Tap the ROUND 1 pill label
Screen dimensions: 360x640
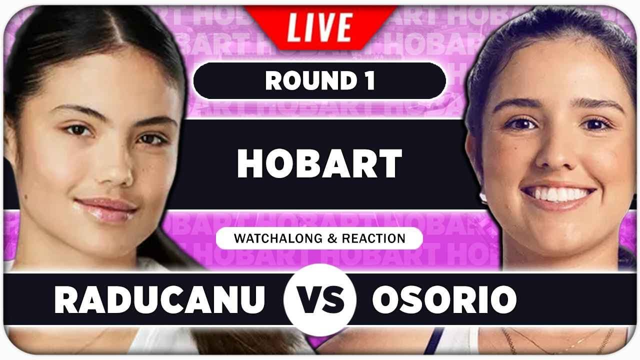320,81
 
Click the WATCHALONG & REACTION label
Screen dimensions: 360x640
319,238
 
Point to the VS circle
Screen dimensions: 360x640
320,299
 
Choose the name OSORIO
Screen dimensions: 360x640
444,299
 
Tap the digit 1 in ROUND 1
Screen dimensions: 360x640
369,81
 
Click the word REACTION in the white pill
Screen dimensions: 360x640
373,238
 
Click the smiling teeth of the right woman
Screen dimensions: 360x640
558,193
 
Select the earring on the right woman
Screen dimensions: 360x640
483,197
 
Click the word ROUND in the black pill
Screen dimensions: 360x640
305,81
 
